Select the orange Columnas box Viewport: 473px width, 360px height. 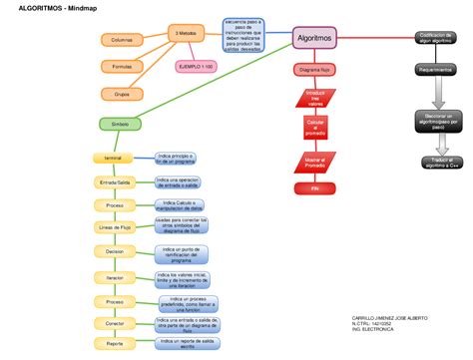[122, 39]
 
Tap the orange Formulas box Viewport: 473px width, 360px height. [122, 66]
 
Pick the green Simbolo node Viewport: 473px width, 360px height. [120, 124]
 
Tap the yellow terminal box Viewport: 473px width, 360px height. [113, 159]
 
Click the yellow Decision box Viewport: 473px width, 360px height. [115, 252]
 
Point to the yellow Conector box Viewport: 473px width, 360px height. [115, 323]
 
